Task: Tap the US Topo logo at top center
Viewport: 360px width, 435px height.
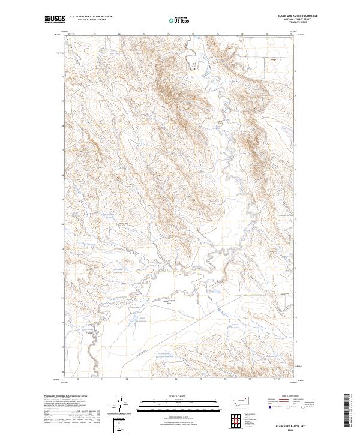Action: (x=179, y=20)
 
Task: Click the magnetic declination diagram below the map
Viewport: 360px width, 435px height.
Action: (x=121, y=403)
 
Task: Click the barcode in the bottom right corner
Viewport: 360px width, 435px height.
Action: (x=346, y=410)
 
